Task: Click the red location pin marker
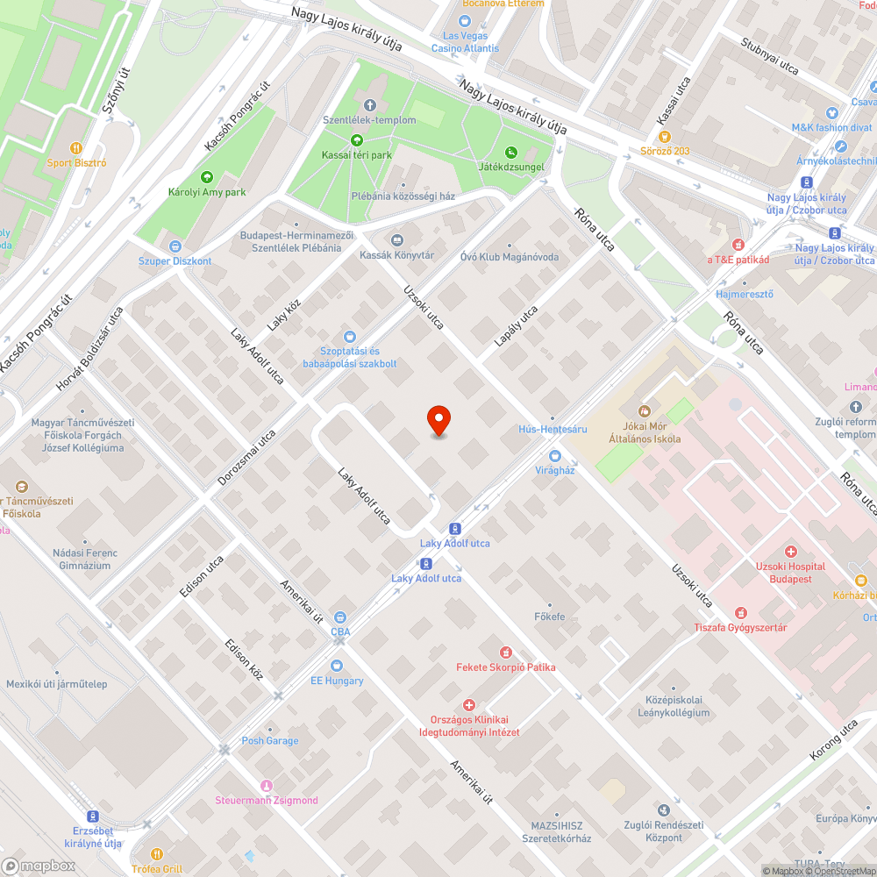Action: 438,421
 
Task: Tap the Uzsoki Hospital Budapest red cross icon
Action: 791,552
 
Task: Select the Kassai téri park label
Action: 356,154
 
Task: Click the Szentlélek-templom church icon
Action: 368,105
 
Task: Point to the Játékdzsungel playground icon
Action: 511,152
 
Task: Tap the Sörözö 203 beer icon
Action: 664,137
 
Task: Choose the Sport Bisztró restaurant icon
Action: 76,148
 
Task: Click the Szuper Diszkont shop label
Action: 175,260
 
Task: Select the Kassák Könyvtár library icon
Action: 396,240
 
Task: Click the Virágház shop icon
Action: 554,455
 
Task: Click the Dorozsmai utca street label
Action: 246,458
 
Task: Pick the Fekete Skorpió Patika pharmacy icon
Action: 505,652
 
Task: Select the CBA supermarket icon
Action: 340,617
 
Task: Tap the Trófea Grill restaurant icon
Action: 157,853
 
